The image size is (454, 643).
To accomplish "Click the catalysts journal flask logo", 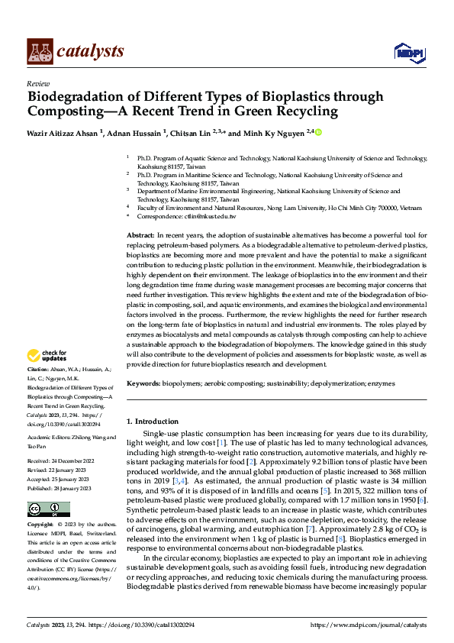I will (40, 50).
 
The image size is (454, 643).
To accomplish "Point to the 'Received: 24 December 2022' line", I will (60, 462).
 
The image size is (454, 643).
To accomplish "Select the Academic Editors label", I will (50, 437).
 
